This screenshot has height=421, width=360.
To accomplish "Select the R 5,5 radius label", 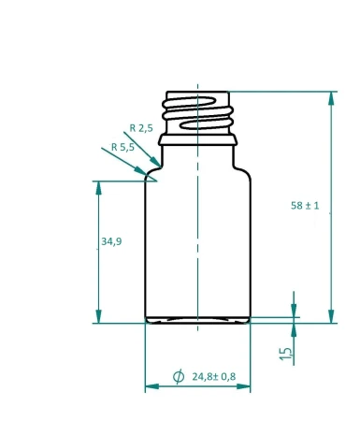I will click(122, 147).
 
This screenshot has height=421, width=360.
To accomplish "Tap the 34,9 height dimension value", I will click(110, 241).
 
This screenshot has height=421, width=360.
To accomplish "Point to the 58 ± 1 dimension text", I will click(305, 206).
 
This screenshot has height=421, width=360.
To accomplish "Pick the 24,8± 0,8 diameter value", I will click(214, 377).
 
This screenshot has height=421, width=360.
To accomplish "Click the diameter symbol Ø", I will click(179, 377).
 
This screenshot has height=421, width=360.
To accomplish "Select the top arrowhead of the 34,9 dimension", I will click(98, 187).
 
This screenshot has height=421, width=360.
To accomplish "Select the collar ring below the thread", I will click(197, 140).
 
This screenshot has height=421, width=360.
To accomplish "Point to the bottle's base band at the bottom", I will click(197, 319).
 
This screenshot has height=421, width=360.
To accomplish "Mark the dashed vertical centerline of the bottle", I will click(198, 234).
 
